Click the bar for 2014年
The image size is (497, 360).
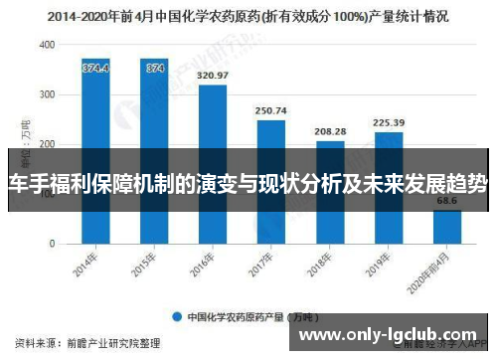[x=95, y=149]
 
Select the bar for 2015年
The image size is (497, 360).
[x=154, y=149]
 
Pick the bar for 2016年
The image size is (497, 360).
[x=213, y=164]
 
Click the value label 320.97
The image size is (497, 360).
[x=213, y=76]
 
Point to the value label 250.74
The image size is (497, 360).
[x=271, y=110]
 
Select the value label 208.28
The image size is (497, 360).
[x=330, y=131]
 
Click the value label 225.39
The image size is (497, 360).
[x=389, y=123]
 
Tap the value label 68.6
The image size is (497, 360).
[x=447, y=201]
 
